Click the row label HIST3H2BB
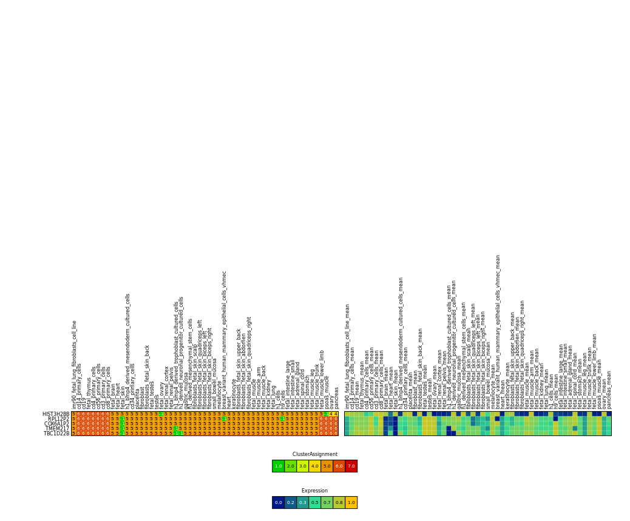pos(56,414)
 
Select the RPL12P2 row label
pos(58,419)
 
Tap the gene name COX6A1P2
pos(56,424)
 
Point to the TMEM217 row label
pos(57,429)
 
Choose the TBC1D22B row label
pos(56,434)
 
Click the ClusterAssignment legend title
pos(314,454)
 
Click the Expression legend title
pos(314,491)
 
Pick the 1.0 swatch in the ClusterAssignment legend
pos(278,466)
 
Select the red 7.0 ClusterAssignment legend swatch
pos(351,466)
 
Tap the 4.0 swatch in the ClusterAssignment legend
pos(314,466)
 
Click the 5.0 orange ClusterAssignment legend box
pos(327,466)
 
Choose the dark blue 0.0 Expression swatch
pos(278,502)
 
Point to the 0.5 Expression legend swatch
pos(314,502)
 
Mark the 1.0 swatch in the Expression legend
pos(351,502)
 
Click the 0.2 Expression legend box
pos(290,502)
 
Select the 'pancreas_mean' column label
pos(609,389)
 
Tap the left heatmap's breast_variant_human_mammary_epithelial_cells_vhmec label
pos(225,340)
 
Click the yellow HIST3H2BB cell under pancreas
pos(336,414)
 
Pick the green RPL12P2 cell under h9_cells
pos(282,419)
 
